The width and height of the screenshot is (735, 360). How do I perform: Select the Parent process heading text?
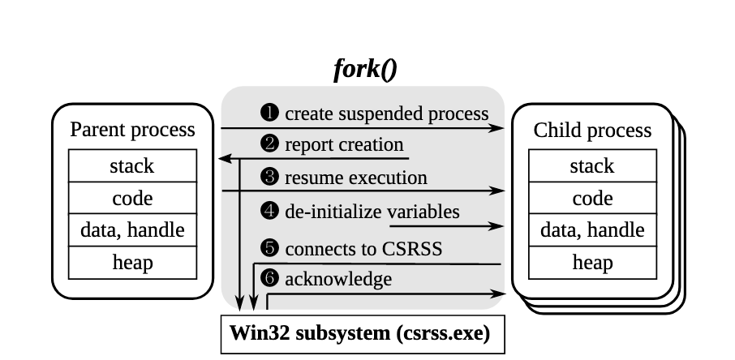(132, 129)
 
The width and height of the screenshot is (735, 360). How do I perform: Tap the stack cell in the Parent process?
(132, 166)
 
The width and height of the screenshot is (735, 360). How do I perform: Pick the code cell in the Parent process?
(132, 198)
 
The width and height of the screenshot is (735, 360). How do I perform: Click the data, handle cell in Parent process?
(132, 230)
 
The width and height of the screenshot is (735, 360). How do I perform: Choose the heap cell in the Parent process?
(132, 262)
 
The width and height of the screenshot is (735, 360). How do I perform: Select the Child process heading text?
(592, 130)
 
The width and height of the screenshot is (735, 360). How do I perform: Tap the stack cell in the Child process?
(592, 166)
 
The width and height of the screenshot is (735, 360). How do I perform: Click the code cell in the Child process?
(592, 198)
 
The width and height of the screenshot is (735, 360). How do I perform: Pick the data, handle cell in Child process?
(592, 230)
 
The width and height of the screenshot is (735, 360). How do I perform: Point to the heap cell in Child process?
(592, 262)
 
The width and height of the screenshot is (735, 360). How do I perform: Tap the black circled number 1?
(269, 114)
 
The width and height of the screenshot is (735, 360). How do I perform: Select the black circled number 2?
(269, 145)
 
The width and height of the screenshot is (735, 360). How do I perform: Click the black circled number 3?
(269, 177)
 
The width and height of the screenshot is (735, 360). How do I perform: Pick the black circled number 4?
(269, 212)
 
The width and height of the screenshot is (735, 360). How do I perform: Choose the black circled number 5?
(269, 248)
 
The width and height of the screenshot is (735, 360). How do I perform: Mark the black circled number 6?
(269, 280)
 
